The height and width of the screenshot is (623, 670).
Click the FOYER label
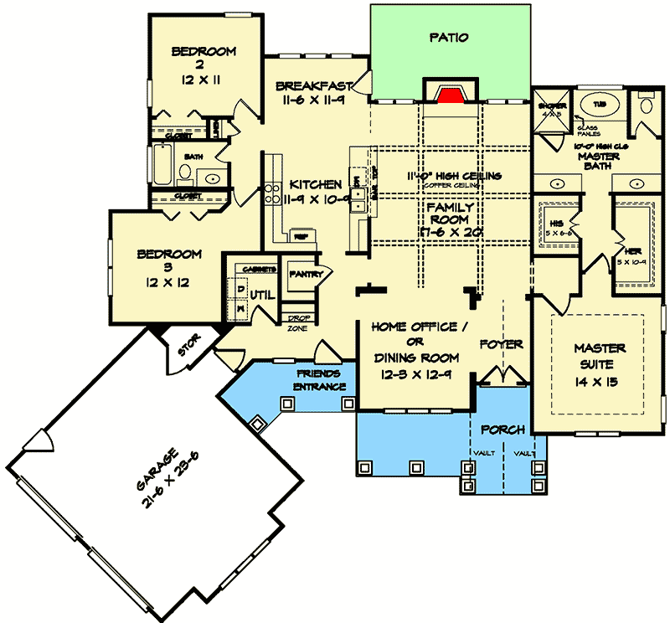click(501, 344)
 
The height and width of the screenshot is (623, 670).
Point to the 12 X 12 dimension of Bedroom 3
click(171, 283)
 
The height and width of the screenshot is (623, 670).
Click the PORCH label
click(503, 430)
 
